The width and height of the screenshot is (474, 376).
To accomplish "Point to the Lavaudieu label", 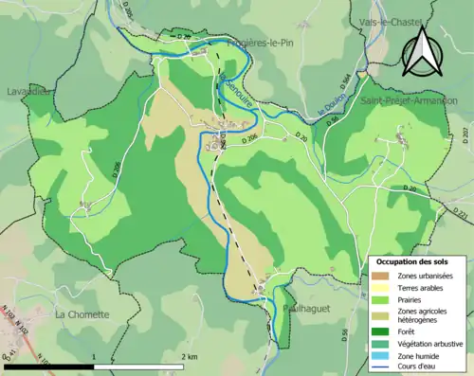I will coord(28,91).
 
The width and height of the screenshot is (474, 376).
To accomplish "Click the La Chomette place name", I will coord(82,313).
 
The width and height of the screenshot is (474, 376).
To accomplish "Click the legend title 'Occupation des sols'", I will coord(416,261).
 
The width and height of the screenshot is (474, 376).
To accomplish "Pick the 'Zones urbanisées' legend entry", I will coord(424,276).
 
